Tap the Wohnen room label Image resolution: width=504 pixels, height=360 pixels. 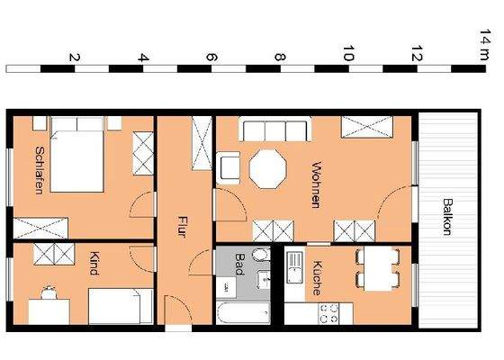click(316, 184)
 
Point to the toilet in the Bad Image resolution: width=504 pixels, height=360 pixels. click(260, 256)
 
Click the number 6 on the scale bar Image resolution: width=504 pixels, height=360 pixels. click(211, 58)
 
